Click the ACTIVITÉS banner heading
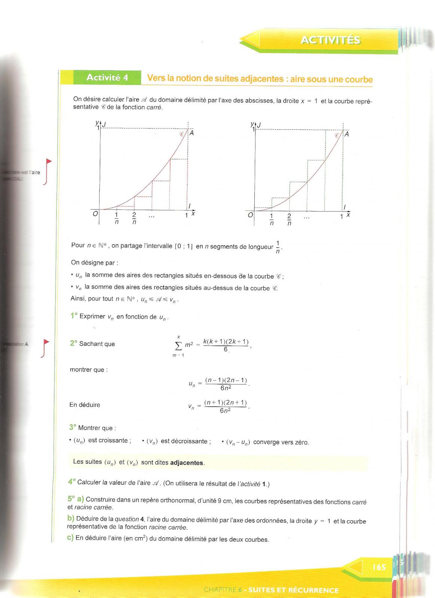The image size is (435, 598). click(x=330, y=40)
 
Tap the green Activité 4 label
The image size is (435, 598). click(x=107, y=77)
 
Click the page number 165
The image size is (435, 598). click(x=379, y=567)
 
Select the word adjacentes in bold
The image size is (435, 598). click(x=187, y=463)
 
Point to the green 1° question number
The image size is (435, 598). click(x=74, y=316)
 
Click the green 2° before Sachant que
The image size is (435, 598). click(x=73, y=343)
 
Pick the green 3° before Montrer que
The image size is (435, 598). click(x=73, y=427)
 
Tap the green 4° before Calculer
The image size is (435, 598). click(x=72, y=482)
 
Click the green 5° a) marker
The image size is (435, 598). click(x=76, y=499)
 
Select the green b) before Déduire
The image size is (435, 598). click(x=71, y=518)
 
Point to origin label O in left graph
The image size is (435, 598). click(x=95, y=214)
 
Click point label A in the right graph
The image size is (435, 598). click(x=347, y=134)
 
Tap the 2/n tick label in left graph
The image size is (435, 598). click(x=134, y=218)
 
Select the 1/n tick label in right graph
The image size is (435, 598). click(x=272, y=219)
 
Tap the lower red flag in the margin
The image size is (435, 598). click(x=46, y=342)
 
